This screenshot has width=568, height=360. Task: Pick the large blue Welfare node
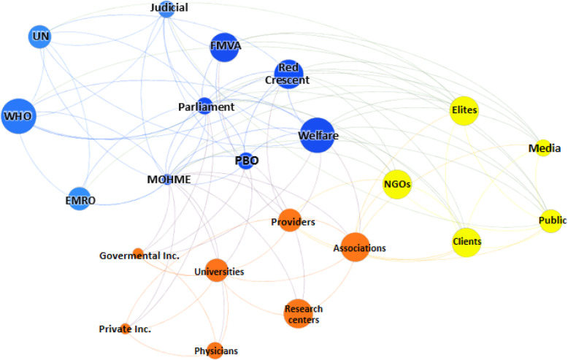pyautogui.click(x=317, y=135)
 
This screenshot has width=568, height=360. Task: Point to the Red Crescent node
pyautogui.click(x=288, y=74)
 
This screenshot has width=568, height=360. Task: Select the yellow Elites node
pyautogui.click(x=464, y=111)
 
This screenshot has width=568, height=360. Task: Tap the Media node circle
pyautogui.click(x=543, y=148)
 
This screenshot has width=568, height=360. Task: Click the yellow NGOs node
pyautogui.click(x=397, y=184)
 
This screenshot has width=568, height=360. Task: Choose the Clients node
pyautogui.click(x=467, y=242)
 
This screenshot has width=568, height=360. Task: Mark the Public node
pyautogui.click(x=553, y=221)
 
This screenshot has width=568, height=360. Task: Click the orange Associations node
pyautogui.click(x=355, y=248)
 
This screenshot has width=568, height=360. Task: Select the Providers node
pyautogui.click(x=291, y=221)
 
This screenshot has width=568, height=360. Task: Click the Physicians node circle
pyautogui.click(x=215, y=351)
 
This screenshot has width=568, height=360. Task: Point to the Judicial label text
pyautogui.click(x=169, y=7)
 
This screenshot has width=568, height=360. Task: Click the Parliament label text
pyautogui.click(x=206, y=107)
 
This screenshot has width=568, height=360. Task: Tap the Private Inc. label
pyautogui.click(x=125, y=329)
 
